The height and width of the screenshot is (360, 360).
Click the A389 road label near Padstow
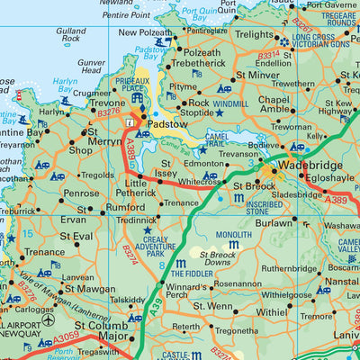tap(133, 140)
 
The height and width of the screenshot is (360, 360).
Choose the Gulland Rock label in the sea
tap(71, 35)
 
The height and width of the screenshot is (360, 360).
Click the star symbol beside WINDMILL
tap(219, 112)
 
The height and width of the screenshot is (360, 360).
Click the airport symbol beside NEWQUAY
tap(48, 319)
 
